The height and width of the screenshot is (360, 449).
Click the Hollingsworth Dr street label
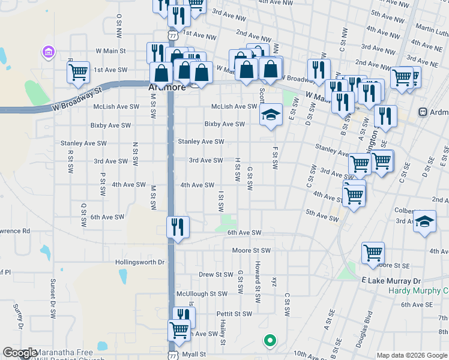point(140,262)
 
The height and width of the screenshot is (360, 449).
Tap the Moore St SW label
point(251,250)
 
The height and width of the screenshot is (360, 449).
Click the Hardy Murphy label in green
point(418,291)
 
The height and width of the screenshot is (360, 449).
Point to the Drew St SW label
point(215,274)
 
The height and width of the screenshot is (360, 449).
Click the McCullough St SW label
point(202,294)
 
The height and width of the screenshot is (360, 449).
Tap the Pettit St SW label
point(235,314)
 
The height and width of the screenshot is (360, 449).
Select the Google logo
point(20,353)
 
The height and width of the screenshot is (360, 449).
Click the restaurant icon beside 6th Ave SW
point(178,227)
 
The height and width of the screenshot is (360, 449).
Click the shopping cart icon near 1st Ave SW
point(78,73)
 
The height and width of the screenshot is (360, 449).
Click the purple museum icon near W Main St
point(47,53)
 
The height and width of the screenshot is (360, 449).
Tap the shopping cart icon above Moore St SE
point(373,253)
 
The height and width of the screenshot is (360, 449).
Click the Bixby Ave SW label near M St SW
point(110,125)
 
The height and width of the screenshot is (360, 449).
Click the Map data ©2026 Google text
point(411,355)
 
